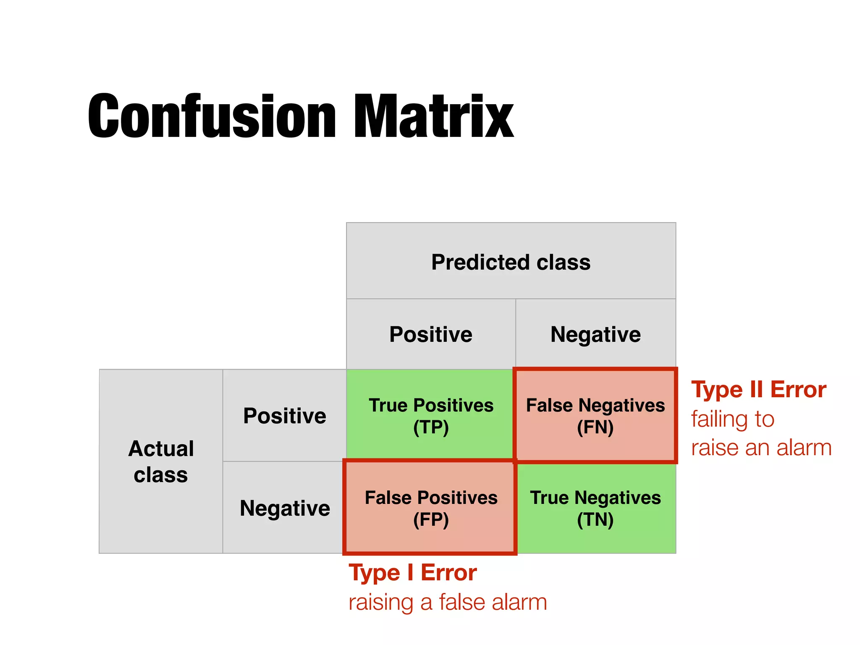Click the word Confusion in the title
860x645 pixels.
click(x=212, y=116)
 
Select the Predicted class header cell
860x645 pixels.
click(x=511, y=262)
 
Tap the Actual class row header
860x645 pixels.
click(x=161, y=461)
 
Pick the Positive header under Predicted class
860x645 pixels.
click(x=430, y=334)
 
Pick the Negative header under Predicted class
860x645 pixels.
click(x=595, y=334)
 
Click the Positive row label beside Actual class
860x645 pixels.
click(x=284, y=416)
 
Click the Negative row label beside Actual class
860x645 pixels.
click(x=285, y=508)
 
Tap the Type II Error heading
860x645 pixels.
click(x=758, y=390)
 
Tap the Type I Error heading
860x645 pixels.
click(x=412, y=573)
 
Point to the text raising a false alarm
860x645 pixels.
click(x=448, y=602)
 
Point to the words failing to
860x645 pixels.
click(x=732, y=419)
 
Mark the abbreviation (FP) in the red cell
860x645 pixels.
click(x=431, y=520)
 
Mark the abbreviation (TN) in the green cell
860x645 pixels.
click(x=595, y=520)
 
